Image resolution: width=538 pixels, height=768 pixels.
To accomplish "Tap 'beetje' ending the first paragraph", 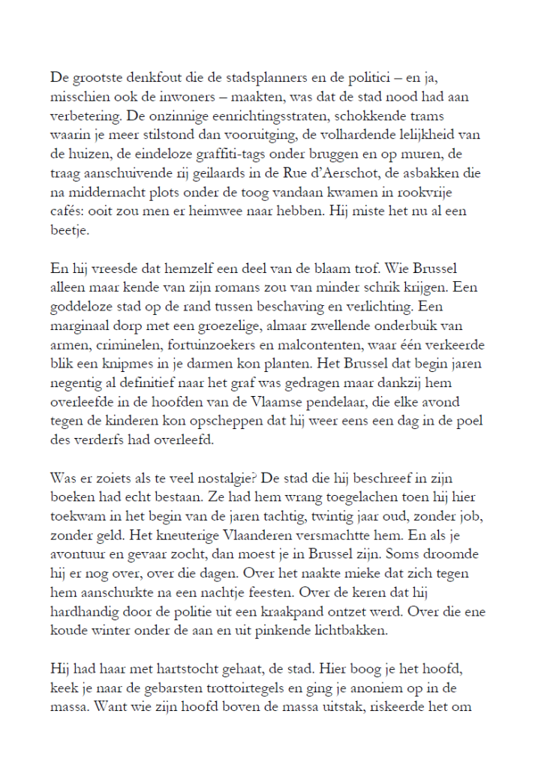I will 68,232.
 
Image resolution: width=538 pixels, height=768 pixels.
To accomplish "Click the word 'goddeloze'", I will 83,309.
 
